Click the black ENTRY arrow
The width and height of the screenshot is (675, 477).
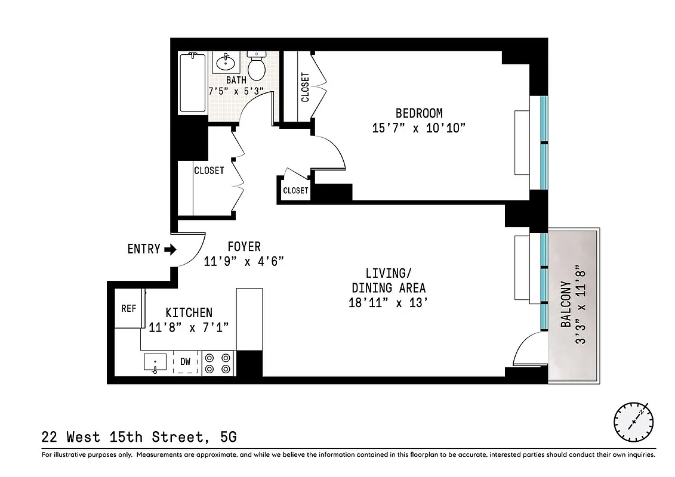[x=170, y=249]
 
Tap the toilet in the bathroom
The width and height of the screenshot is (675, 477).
[x=257, y=66]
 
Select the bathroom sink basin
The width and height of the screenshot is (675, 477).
[x=226, y=62]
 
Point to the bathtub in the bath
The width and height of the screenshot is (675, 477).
[x=193, y=82]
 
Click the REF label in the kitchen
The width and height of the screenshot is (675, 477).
[x=128, y=308]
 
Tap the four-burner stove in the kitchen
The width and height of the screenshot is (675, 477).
[x=217, y=363]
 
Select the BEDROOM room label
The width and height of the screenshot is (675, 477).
[x=419, y=113]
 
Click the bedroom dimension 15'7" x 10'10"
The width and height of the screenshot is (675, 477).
[x=418, y=128]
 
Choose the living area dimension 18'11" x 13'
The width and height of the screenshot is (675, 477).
[x=389, y=302]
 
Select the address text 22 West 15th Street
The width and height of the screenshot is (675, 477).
[x=122, y=437]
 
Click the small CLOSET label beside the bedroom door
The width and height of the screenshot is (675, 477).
[x=295, y=190]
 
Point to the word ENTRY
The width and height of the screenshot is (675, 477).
[x=144, y=249]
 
